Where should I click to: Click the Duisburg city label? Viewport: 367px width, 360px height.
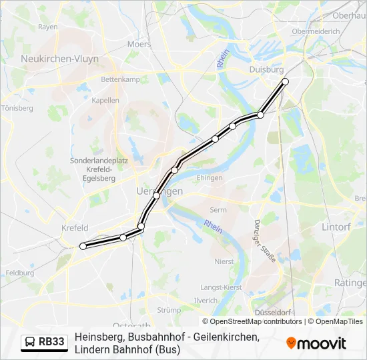[266, 69]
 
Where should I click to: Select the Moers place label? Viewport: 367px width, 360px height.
[139, 44]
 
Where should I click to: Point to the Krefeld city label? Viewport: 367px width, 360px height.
[75, 228]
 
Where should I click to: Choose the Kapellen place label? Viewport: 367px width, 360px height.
[106, 101]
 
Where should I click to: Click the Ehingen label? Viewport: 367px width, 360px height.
[210, 178]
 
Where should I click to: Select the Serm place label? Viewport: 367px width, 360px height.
[219, 210]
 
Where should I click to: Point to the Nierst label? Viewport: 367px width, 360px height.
[224, 262]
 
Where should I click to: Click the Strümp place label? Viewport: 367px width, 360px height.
[169, 310]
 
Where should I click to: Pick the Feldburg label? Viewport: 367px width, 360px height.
[19, 273]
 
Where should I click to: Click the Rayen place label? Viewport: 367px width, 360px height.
[48, 27]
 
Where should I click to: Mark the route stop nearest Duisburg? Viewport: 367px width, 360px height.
[285, 81]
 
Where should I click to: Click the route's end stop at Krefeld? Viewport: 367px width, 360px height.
[83, 246]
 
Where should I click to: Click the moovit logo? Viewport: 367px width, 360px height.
[316, 343]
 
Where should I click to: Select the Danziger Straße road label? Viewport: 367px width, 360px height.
[265, 241]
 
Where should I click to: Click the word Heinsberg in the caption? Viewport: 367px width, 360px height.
[97, 337]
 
